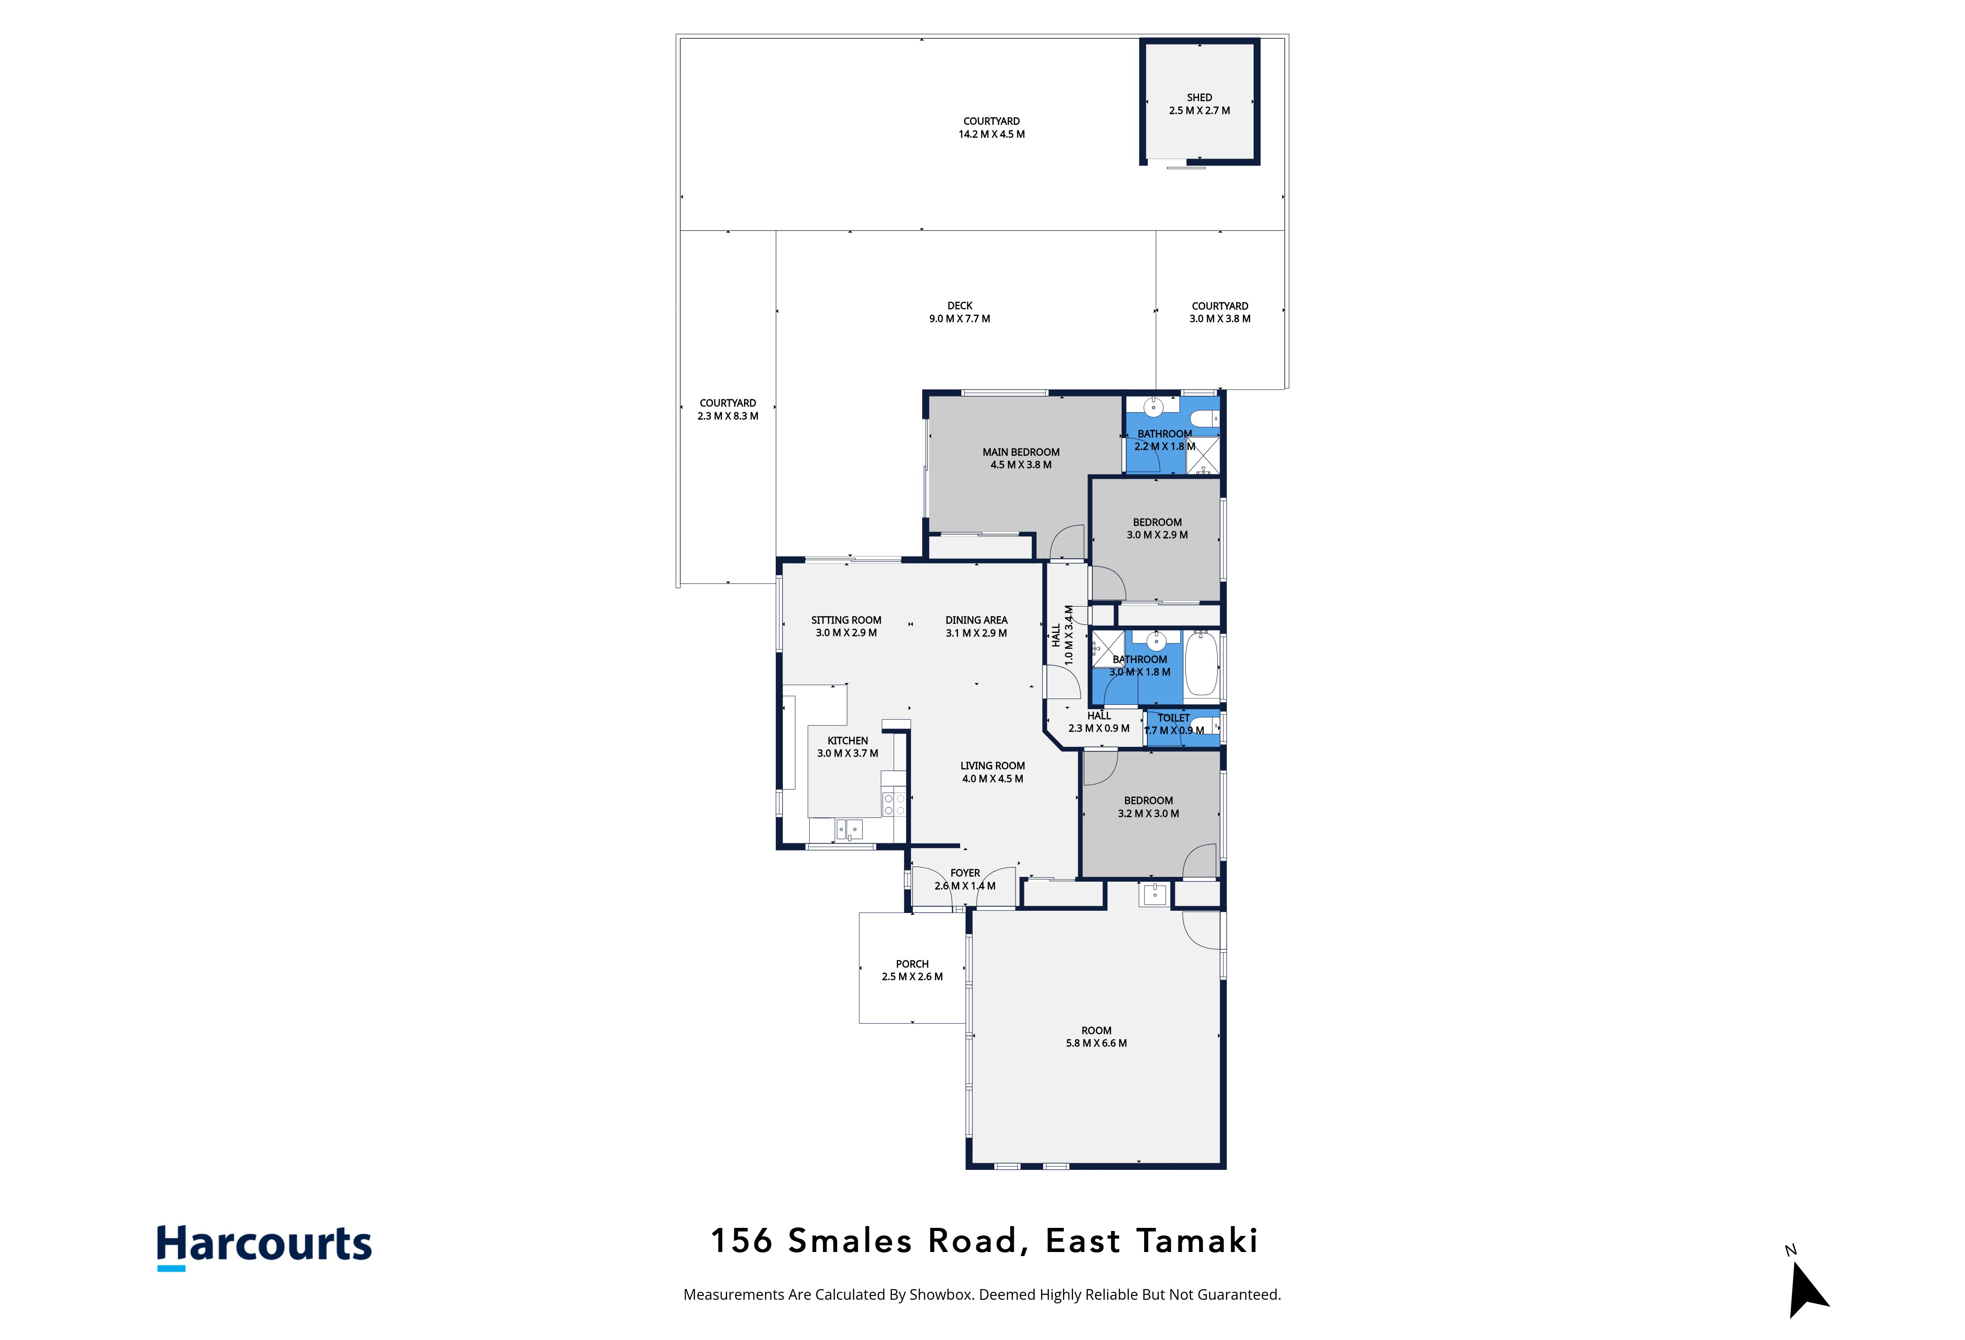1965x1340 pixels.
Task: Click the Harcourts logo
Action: pyautogui.click(x=264, y=1246)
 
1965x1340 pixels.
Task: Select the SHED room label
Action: pyautogui.click(x=1199, y=97)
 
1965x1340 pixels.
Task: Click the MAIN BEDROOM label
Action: pyautogui.click(x=1020, y=452)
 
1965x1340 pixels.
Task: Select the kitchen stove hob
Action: pyautogui.click(x=894, y=804)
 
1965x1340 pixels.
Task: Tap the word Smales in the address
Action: pyautogui.click(x=850, y=1241)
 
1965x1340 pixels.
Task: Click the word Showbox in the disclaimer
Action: pyautogui.click(x=940, y=1294)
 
